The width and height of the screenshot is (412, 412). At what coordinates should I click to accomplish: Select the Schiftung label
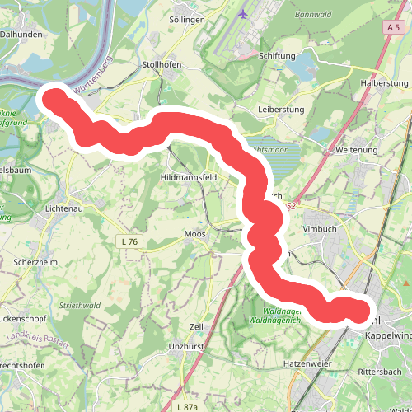tap(277, 56)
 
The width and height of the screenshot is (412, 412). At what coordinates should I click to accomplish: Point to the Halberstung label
tap(385, 84)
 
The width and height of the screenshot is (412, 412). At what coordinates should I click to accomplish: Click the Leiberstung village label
tap(281, 110)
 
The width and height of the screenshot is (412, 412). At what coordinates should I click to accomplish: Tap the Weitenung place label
tap(356, 151)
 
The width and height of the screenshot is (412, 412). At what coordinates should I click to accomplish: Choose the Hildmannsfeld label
tap(189, 177)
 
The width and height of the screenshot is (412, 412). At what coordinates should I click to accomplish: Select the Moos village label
tap(195, 234)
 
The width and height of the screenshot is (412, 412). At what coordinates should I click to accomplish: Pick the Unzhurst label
tap(186, 347)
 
